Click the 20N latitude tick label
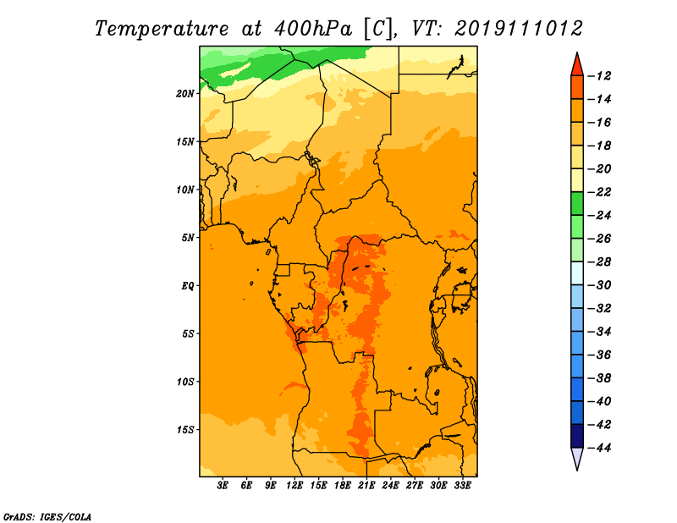[185, 94]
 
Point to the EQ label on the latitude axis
[187, 286]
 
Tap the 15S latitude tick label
[185, 430]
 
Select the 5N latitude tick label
[188, 238]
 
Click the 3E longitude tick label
[223, 486]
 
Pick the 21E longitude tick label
[366, 486]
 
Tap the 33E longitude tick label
[462, 486]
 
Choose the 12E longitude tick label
[294, 486]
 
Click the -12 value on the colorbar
[599, 76]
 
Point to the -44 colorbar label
[599, 448]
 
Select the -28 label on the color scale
[599, 262]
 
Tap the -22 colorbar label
[599, 192]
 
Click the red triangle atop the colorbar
[577, 66]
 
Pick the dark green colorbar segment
[577, 204]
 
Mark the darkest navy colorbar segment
[577, 436]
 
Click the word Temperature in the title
[162, 30]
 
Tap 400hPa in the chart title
[313, 29]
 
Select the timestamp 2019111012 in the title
[519, 29]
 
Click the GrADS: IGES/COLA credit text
[47, 517]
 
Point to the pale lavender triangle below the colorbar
[577, 457]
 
